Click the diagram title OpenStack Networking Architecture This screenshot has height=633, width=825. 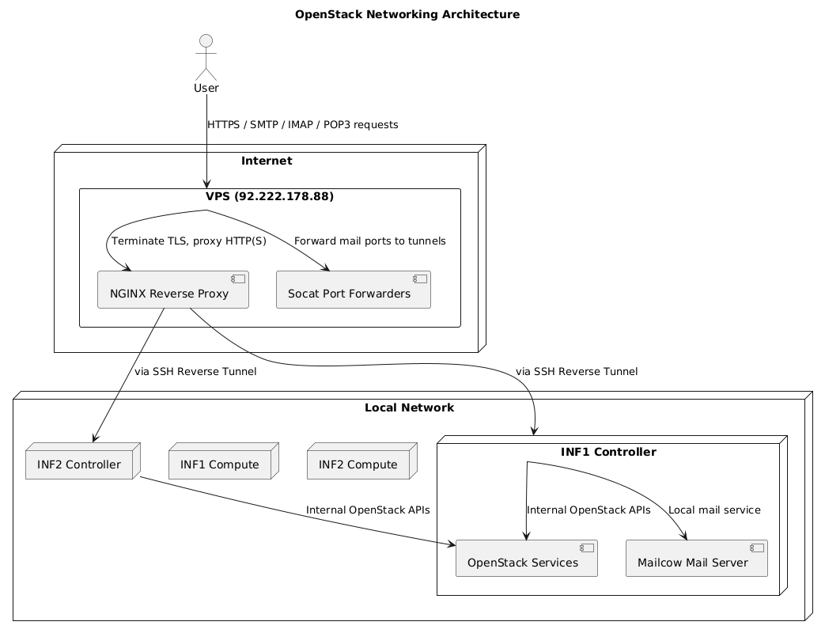[407, 14]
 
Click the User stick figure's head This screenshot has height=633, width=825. [206, 41]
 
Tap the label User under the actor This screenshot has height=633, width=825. [206, 88]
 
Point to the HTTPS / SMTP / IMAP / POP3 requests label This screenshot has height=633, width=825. [302, 125]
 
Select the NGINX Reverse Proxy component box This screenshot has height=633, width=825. [173, 290]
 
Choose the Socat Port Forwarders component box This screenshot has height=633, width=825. [353, 290]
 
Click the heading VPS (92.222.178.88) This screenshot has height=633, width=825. [270, 197]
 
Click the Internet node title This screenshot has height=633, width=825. [267, 161]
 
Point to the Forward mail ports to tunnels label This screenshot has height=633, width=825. [369, 241]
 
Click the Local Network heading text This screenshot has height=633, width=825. [409, 408]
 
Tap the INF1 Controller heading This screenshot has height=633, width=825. [608, 453]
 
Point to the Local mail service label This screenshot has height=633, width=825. [714, 510]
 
